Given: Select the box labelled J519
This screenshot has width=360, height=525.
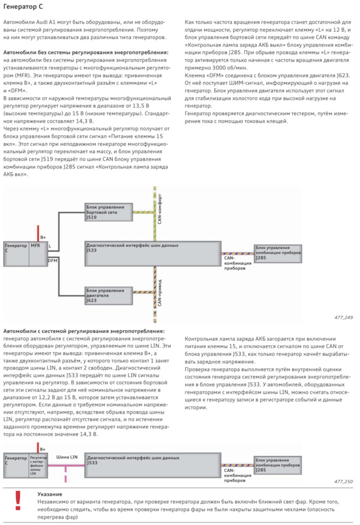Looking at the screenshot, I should click(x=108, y=212).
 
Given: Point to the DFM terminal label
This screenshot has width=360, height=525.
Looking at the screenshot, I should click(x=53, y=261).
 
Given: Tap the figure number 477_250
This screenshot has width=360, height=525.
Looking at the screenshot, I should click(x=343, y=481).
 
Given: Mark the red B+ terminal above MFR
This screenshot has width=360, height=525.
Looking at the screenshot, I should click(x=43, y=237).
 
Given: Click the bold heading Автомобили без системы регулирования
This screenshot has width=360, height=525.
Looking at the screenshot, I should click(x=86, y=52).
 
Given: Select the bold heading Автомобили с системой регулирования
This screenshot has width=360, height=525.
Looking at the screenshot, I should click(x=84, y=331).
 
